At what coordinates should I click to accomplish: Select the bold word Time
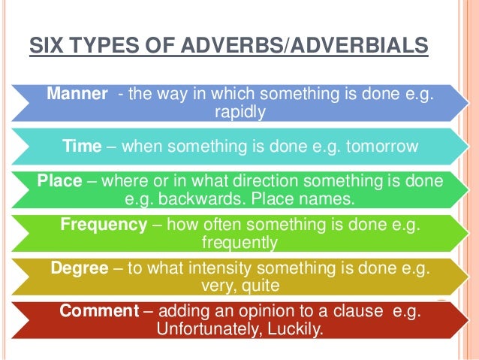coord(82,146)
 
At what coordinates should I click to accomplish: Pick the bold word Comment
coord(92,312)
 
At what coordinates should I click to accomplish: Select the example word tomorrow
coord(379,146)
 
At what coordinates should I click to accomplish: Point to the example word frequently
coord(240,242)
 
